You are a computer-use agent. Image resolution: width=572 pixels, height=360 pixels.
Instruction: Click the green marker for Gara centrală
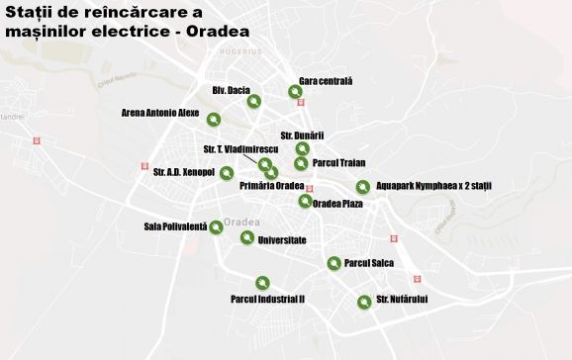click(295, 93)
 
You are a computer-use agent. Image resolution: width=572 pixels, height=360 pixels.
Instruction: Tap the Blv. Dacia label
click(231, 90)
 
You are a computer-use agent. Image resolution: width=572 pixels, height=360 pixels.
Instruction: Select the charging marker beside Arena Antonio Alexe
click(215, 120)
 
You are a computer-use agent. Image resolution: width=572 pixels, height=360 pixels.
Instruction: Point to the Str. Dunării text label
click(302, 135)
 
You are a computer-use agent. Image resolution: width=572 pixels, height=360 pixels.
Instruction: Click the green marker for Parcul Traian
click(301, 163)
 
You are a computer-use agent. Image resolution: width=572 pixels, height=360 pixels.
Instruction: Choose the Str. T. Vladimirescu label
click(240, 149)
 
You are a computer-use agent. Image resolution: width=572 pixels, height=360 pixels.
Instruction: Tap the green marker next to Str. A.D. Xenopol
click(227, 173)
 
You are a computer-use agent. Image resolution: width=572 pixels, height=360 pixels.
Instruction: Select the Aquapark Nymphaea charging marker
click(363, 186)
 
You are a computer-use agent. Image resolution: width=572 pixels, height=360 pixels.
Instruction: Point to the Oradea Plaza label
click(337, 204)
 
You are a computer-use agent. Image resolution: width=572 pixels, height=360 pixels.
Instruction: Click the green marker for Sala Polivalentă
click(217, 227)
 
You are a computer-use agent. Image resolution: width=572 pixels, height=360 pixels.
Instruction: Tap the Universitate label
click(281, 240)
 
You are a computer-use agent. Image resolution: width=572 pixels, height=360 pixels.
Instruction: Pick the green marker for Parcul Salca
click(334, 263)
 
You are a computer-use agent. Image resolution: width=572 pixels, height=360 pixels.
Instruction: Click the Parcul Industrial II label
click(267, 298)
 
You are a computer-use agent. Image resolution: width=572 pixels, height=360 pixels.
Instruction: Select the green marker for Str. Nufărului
click(364, 301)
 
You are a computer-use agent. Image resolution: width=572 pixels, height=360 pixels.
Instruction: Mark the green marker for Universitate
click(246, 237)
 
